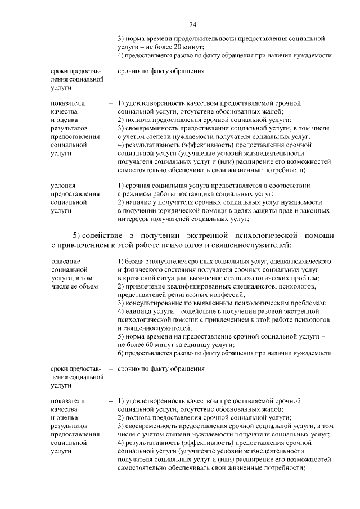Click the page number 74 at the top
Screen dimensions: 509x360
pyautogui.click(x=192, y=25)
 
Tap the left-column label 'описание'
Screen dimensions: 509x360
pyautogui.click(x=65, y=262)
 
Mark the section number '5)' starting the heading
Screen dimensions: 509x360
pyautogui.click(x=78, y=235)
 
